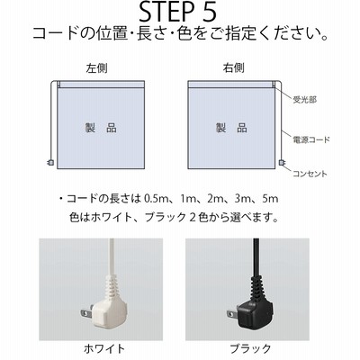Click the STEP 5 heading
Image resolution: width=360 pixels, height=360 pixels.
pyautogui.click(x=177, y=12)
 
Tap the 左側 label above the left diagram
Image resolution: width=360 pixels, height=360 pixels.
pyautogui.click(x=96, y=68)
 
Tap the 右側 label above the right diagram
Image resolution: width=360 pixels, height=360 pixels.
pyautogui.click(x=233, y=68)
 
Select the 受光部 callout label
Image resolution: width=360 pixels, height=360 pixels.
pyautogui.click(x=304, y=100)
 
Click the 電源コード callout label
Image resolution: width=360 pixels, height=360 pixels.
pyautogui.click(x=311, y=139)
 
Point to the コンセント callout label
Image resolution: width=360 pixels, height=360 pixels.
pyautogui.click(x=310, y=174)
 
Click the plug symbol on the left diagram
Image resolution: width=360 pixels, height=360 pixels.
pyautogui.click(x=51, y=163)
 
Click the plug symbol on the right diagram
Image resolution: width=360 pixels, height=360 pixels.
pyautogui.click(x=282, y=163)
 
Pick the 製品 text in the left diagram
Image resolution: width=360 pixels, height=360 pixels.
pyautogui.click(x=101, y=128)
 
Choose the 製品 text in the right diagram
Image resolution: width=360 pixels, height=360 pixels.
pyautogui.click(x=231, y=128)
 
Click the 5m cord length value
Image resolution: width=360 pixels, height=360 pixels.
pyautogui.click(x=270, y=199)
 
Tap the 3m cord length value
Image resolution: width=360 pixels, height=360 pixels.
pyautogui.click(x=242, y=199)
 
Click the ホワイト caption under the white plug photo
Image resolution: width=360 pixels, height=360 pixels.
pyautogui.click(x=104, y=349)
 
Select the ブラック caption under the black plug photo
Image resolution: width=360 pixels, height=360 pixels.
pyautogui.click(x=250, y=349)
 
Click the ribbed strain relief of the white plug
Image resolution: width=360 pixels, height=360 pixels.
pyautogui.click(x=112, y=285)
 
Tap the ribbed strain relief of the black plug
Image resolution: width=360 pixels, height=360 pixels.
pyautogui.click(x=256, y=285)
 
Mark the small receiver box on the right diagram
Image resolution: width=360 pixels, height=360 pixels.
pyautogui.click(x=274, y=84)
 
